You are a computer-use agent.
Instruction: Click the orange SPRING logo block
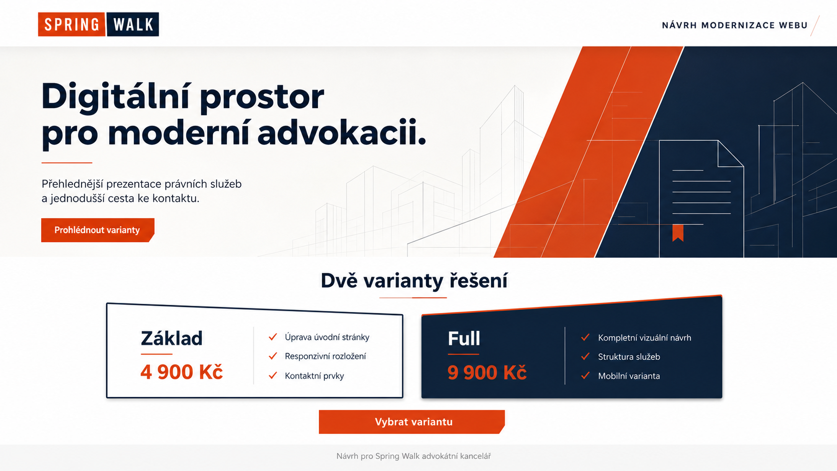(x=72, y=25)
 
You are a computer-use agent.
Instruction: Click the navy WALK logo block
(x=133, y=25)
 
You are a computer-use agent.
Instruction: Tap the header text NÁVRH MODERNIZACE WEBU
(x=734, y=26)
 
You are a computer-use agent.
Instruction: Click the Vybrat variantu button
(x=412, y=421)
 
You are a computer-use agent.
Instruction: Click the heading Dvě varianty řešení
(x=414, y=280)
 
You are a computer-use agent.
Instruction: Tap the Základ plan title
(x=172, y=338)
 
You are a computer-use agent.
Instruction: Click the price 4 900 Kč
(x=182, y=372)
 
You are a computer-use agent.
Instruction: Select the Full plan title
(x=464, y=338)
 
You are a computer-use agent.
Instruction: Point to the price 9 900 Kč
(x=487, y=372)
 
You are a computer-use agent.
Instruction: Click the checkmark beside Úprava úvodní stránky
(x=273, y=337)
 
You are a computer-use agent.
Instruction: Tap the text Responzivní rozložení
(x=325, y=356)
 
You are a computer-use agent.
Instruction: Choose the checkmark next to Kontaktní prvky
(x=273, y=375)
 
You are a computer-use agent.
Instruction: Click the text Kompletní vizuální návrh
(x=645, y=338)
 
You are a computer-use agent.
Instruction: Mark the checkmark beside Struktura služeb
(x=585, y=356)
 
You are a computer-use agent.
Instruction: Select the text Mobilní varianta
(x=629, y=376)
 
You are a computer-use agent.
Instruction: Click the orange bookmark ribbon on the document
(x=678, y=233)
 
